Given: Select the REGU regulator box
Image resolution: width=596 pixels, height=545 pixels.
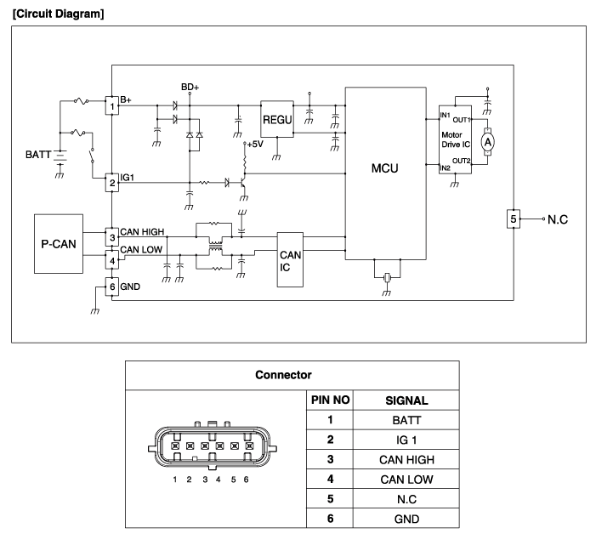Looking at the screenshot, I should [x=277, y=120].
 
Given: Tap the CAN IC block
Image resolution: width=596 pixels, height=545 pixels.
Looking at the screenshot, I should [x=290, y=259].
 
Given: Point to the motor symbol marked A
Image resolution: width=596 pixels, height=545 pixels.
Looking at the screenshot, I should [x=488, y=143].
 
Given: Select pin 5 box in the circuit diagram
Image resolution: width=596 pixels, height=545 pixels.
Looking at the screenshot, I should [x=513, y=219].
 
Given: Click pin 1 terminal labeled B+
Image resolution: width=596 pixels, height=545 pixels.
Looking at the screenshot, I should [x=111, y=105].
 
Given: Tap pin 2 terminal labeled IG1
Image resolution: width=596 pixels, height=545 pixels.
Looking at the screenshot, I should [x=111, y=182].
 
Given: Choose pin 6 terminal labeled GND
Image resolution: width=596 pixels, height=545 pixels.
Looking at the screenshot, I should [x=111, y=287].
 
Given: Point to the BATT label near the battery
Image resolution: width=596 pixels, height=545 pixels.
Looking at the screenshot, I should [x=37, y=155].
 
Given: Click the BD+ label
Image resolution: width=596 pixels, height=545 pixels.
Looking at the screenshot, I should [x=190, y=87].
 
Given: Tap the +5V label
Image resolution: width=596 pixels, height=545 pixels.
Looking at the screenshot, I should [x=255, y=145].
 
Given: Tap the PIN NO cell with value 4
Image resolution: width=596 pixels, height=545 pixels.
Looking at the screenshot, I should [x=328, y=478].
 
